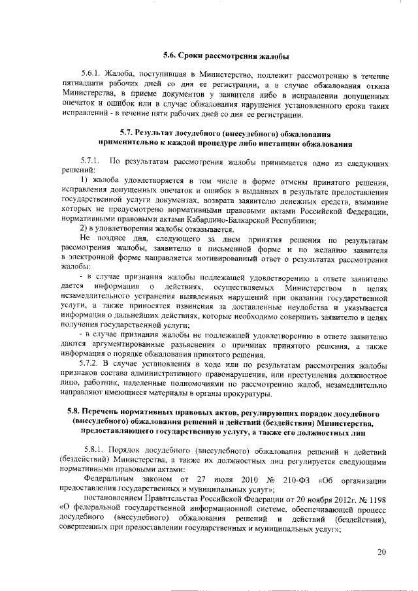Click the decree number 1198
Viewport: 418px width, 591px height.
pos(379,500)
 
